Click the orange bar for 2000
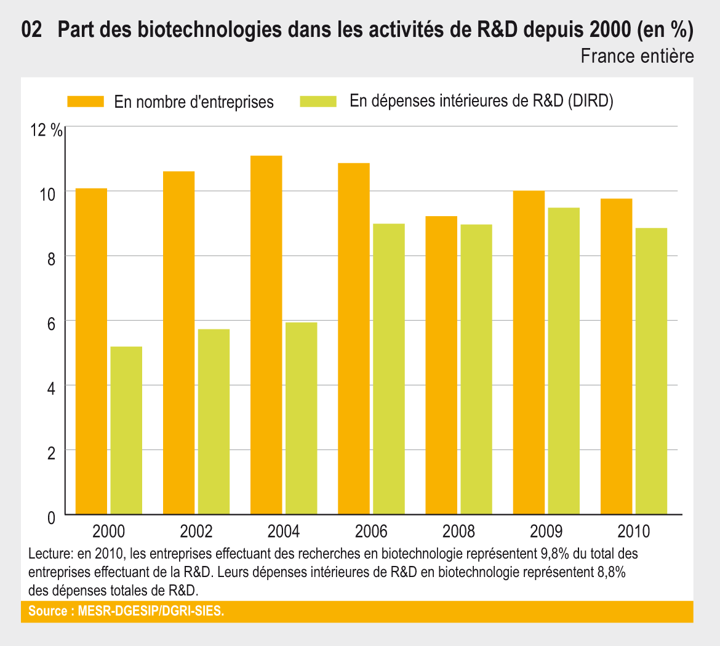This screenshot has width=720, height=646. coord(90,351)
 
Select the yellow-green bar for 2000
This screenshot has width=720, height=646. coord(126,430)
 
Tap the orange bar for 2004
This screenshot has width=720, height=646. coord(266,335)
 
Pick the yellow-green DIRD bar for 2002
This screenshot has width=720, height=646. coord(214,422)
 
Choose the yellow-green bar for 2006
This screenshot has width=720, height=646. coord(388,369)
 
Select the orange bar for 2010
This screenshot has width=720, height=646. coord(616,357)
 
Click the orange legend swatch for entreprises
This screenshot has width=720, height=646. coord(86,102)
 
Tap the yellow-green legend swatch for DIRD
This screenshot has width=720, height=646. coord(318,102)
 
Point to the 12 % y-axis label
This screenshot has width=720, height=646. coord(46,131)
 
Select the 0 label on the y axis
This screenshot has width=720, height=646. coord(51,518)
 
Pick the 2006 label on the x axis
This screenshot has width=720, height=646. coord(371,531)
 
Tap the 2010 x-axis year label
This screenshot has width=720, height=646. coord(634,531)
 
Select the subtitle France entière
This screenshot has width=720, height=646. coord(637,56)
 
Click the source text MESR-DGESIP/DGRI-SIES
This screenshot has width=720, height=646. coord(151,612)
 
